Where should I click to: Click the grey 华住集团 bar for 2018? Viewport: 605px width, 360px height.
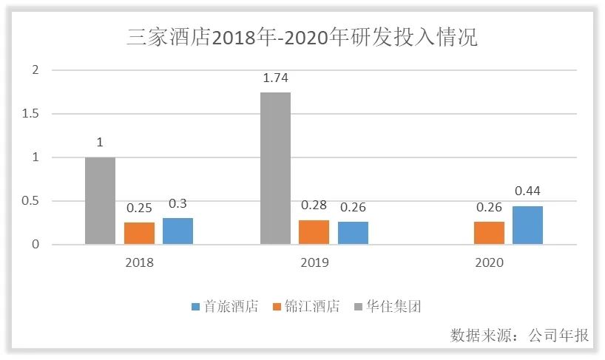(100, 200)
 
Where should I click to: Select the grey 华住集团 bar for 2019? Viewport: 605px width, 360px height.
(275, 168)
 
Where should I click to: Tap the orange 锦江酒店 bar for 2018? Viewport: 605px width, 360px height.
(139, 233)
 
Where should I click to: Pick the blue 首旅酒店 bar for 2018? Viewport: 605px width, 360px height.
(178, 231)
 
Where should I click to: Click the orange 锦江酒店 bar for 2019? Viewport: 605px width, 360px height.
(314, 231)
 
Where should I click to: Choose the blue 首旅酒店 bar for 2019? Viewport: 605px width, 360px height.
(353, 232)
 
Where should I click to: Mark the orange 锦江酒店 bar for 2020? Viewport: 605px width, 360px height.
(489, 232)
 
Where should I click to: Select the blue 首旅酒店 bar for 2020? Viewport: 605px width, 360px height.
(527, 225)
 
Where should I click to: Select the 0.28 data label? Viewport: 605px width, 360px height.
(314, 206)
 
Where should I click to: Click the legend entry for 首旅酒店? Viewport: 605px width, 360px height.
(225, 307)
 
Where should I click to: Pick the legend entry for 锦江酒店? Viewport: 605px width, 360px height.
(306, 307)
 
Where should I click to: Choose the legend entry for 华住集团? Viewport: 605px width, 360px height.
(388, 307)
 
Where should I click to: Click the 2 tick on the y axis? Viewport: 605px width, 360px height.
(34, 70)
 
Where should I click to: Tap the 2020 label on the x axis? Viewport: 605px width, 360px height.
(489, 262)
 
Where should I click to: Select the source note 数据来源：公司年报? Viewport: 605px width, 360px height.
(519, 335)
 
